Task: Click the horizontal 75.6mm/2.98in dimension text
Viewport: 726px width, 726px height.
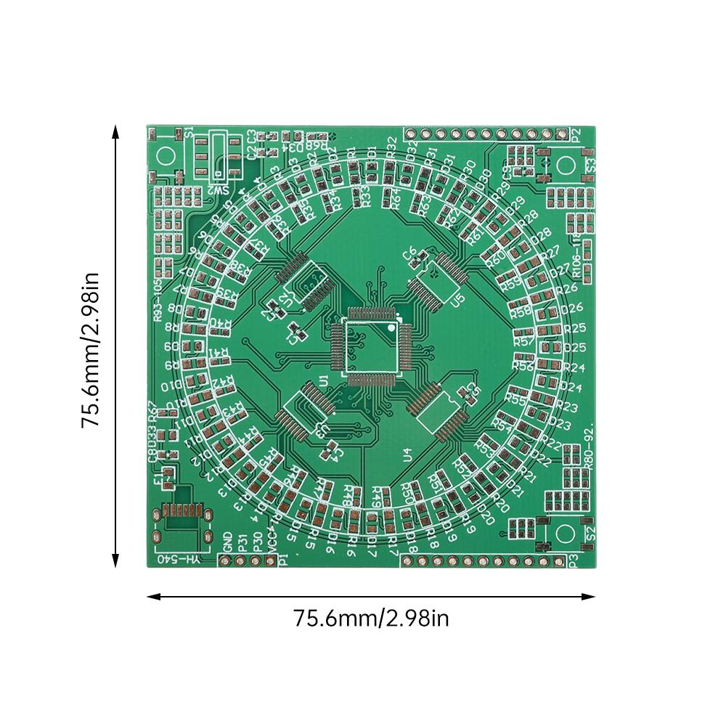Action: click(372, 619)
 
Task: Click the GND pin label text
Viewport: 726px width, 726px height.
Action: click(227, 541)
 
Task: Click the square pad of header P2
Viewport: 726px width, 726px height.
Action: click(560, 134)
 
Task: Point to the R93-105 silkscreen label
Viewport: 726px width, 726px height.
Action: click(158, 298)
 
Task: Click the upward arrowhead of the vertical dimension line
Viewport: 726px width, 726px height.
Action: click(115, 131)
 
